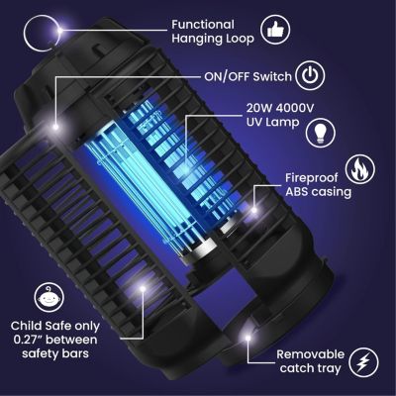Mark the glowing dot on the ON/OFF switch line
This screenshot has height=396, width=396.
click(57, 126)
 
